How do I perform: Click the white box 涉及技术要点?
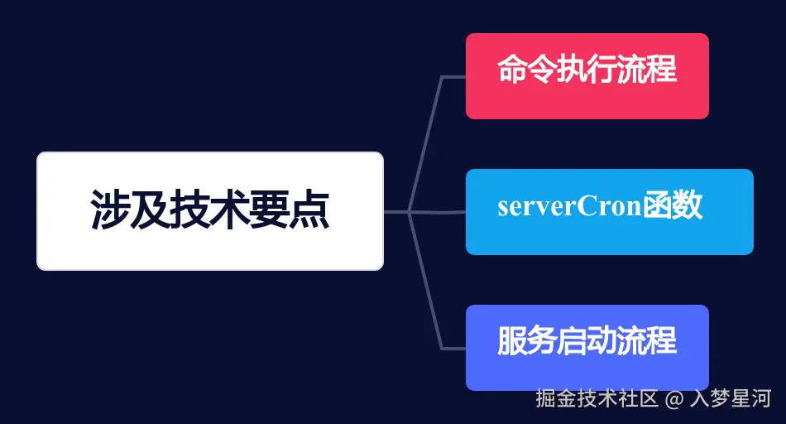point(210,211)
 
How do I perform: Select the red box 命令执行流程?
point(587,76)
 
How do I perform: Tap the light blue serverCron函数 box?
point(609,212)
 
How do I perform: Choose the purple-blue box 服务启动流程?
point(587,348)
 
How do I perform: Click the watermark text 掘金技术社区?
point(597,398)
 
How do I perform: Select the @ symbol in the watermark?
point(677,399)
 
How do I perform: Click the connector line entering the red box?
point(453,77)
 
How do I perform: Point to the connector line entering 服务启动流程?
point(453,348)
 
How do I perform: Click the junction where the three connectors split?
point(410,212)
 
